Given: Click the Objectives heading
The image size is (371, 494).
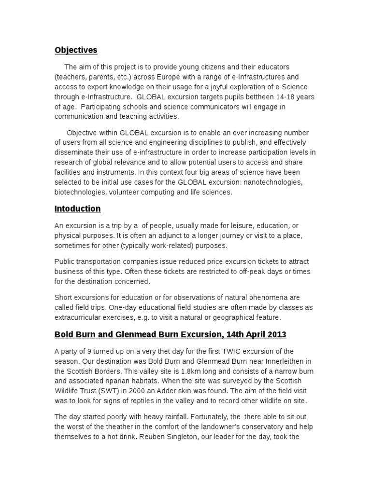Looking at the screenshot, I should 75,50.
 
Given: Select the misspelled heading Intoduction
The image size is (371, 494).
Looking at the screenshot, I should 77,209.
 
